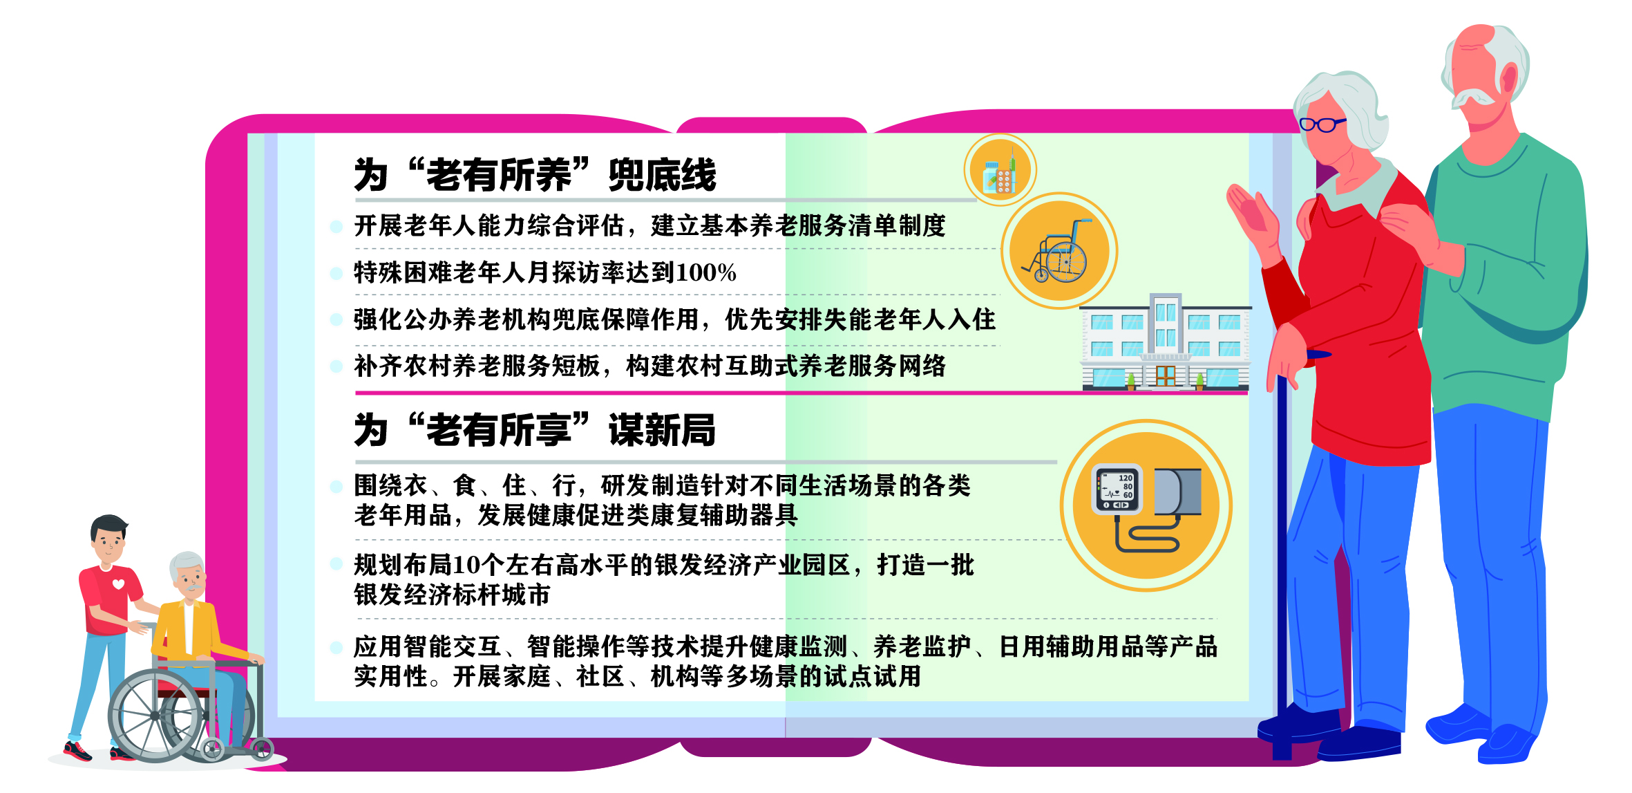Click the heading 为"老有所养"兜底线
coord(535,174)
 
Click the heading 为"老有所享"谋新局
coord(535,430)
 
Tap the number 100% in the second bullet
coord(705,272)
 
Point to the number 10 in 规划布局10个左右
coord(466,565)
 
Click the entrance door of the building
coord(1165,375)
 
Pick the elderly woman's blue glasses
coord(1321,124)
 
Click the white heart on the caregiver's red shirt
coord(118,585)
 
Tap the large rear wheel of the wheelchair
coord(155,715)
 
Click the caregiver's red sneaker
coord(77,751)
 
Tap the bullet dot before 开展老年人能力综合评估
coord(336,227)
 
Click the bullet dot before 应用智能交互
coord(336,648)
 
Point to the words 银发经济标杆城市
coord(452,595)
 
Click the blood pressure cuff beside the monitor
coord(1177,492)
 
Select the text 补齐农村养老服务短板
coord(477,366)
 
